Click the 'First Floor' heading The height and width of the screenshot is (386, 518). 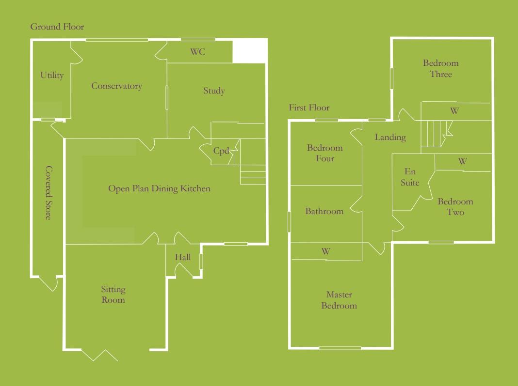tap(309, 108)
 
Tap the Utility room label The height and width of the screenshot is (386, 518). tap(52, 76)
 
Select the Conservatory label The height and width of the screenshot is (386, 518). tap(116, 86)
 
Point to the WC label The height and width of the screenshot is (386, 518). tap(197, 52)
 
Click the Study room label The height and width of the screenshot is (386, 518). tap(214, 91)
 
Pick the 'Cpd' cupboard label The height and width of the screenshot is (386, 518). tap(221, 151)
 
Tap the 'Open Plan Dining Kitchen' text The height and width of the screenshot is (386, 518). tap(159, 188)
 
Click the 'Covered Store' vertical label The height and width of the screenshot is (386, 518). tap(48, 192)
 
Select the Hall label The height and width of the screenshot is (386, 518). tap(183, 258)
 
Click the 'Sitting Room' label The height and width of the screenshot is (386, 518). tap(113, 294)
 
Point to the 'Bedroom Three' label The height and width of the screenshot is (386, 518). tap(440, 68)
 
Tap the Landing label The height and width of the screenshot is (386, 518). tap(390, 138)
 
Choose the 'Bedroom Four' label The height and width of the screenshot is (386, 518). tap(324, 153)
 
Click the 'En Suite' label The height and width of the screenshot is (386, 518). tap(410, 177)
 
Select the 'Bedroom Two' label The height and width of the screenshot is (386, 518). tap(455, 207)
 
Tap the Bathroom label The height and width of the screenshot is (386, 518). tap(324, 211)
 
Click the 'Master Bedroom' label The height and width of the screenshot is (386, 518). tap(339, 300)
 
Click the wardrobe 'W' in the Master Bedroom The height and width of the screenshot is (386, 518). tap(326, 251)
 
